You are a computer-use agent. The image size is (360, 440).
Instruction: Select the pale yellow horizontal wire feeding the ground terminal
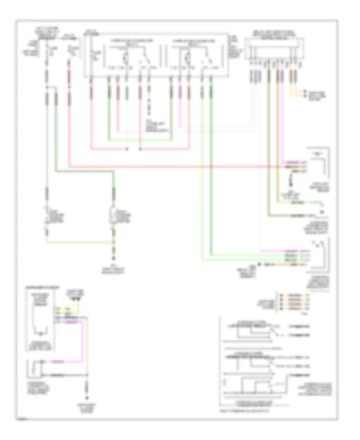click(x=80, y=242)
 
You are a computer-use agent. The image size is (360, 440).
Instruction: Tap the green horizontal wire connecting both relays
click(x=140, y=140)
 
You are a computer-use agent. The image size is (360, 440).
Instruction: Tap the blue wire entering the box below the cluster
click(x=68, y=376)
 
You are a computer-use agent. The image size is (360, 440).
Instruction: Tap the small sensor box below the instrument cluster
click(x=34, y=368)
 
